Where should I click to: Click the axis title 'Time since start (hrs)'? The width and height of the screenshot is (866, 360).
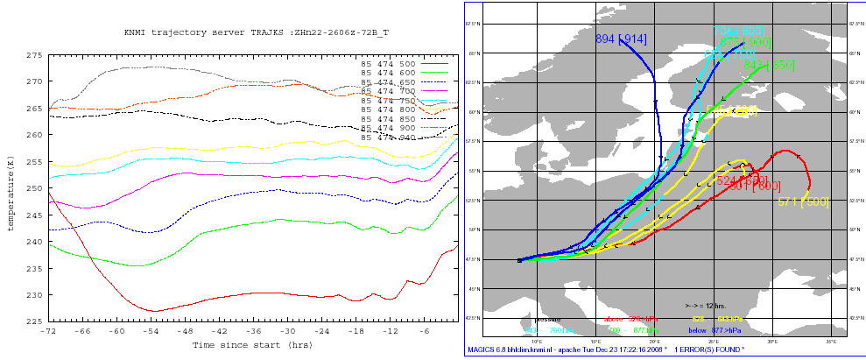[x=253, y=345]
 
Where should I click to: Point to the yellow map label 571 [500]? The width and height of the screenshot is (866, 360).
[x=803, y=202]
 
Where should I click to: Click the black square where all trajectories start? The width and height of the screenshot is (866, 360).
[x=520, y=260]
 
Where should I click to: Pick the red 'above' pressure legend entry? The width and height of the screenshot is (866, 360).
[x=613, y=319]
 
